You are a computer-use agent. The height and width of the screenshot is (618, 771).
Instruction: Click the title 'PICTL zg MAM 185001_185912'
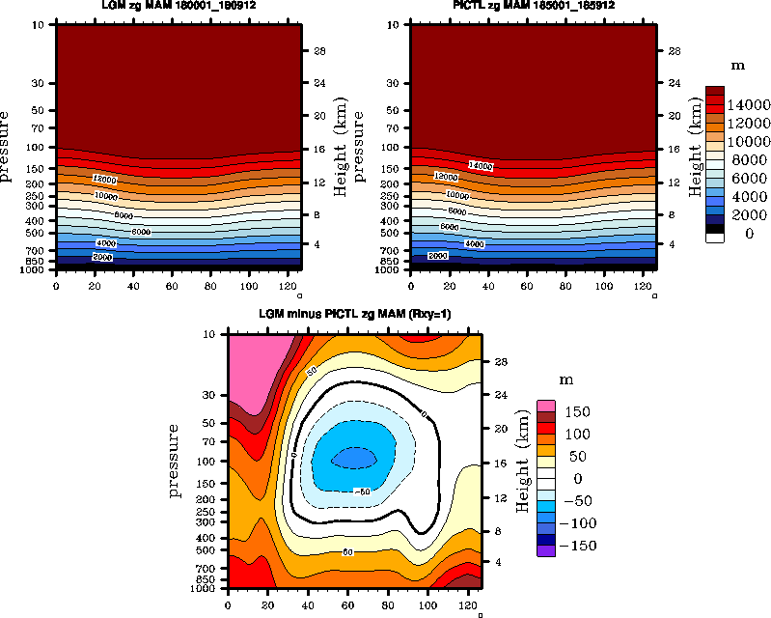[x=534, y=6]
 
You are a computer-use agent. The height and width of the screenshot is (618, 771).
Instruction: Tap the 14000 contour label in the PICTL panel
[x=480, y=166]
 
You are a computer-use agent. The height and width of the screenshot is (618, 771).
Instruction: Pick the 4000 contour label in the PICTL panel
[x=474, y=244]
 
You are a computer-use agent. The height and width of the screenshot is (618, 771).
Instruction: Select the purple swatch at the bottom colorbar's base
[x=546, y=550]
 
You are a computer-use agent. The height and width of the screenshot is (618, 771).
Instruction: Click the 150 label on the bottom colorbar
[x=577, y=412]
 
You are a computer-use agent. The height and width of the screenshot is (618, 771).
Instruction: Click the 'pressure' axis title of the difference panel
[x=175, y=461]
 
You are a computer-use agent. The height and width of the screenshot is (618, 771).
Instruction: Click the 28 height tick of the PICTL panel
[x=674, y=49]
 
